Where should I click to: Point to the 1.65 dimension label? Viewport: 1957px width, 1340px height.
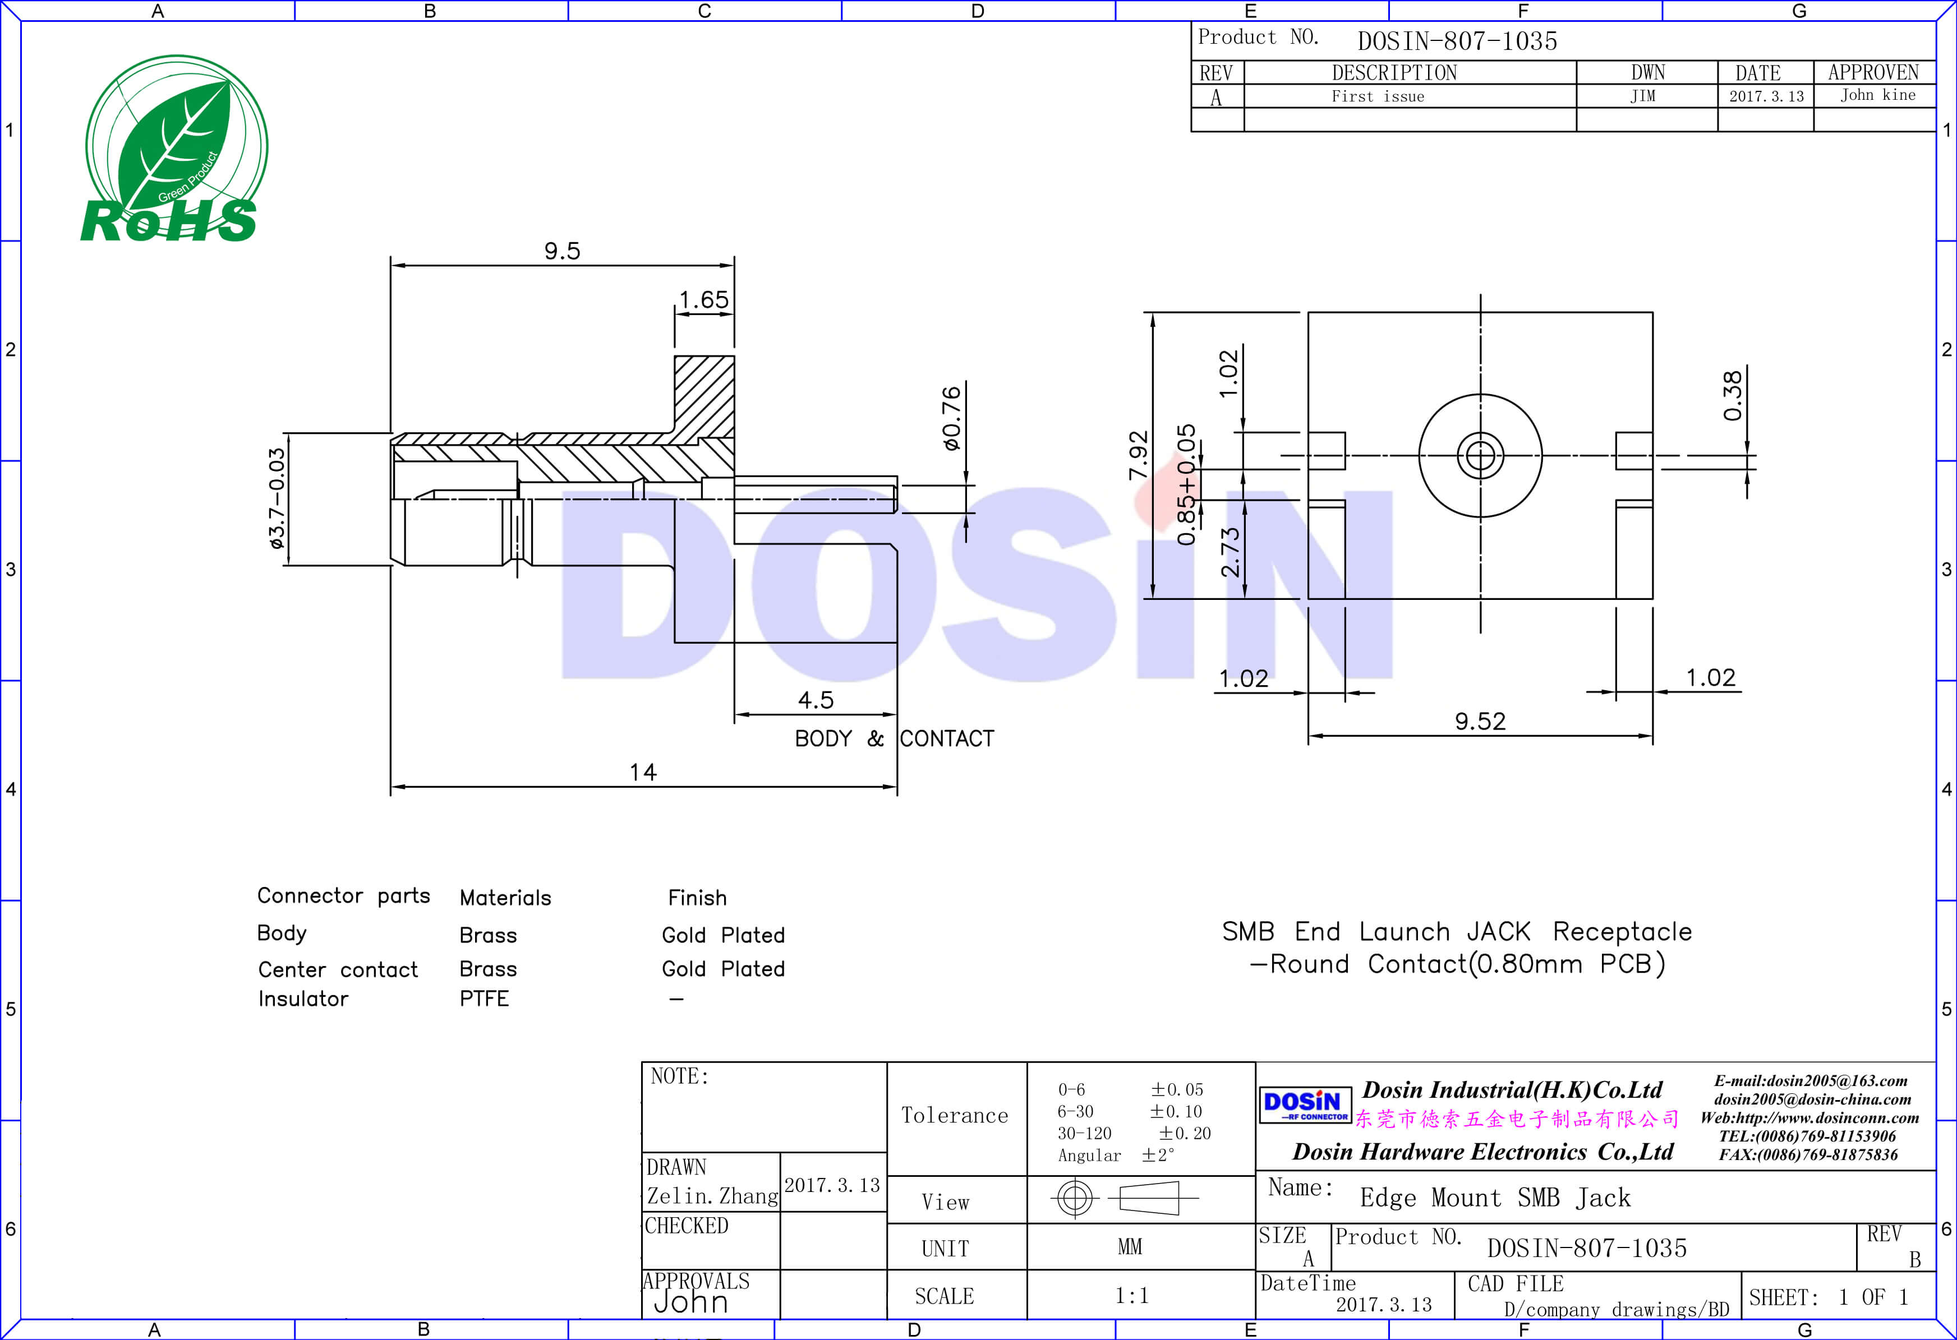click(704, 299)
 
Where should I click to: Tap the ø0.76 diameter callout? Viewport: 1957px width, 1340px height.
click(951, 418)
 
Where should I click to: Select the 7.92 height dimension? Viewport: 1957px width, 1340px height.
click(1138, 455)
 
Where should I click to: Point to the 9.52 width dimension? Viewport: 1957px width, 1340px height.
click(1480, 722)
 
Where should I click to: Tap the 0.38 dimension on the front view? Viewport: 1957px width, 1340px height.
click(1732, 396)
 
